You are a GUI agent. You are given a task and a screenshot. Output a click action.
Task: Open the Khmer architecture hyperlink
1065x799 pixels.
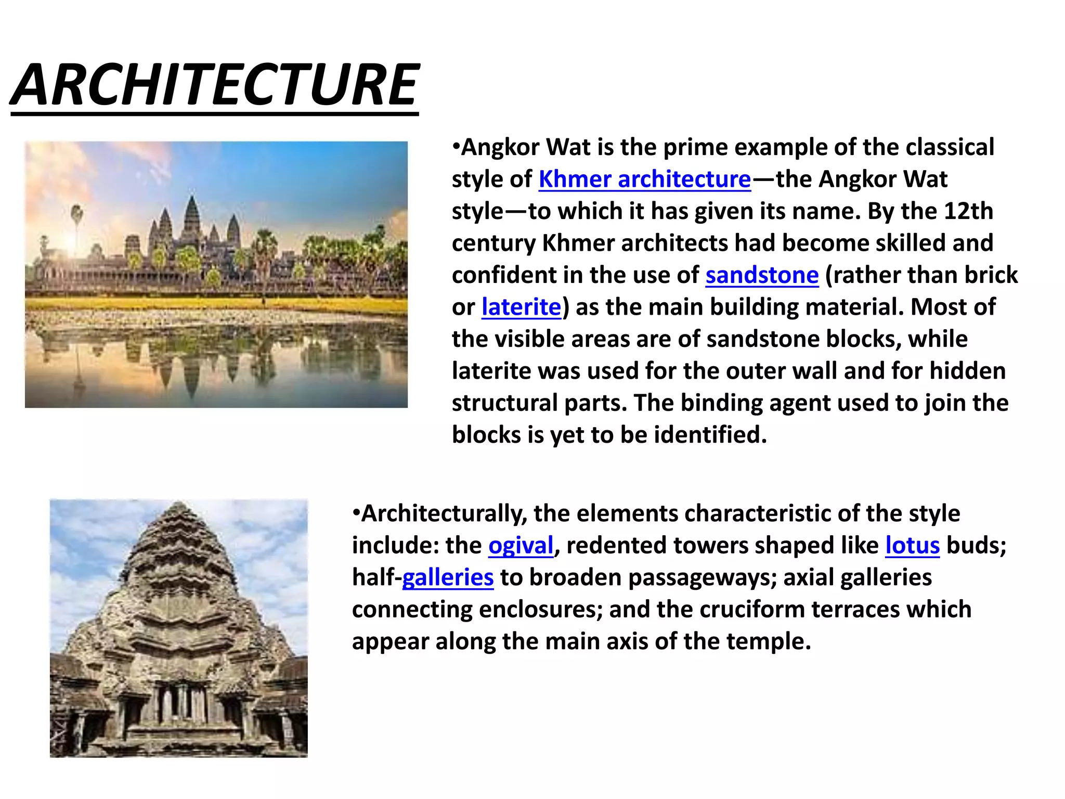coord(644,179)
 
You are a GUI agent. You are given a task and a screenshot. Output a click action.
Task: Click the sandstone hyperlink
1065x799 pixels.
coord(762,275)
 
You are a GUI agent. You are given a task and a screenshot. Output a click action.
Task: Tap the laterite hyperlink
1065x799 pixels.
coord(521,307)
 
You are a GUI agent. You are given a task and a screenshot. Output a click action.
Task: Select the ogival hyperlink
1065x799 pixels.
coord(521,546)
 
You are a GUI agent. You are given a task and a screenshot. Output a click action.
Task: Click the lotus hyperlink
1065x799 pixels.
coord(912,546)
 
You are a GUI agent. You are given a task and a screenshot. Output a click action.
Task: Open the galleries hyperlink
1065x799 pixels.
coord(448,577)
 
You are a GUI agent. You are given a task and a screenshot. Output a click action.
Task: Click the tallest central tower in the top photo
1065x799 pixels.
coord(192,218)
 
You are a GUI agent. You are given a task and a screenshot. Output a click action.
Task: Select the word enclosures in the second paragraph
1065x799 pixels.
coord(540,610)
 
